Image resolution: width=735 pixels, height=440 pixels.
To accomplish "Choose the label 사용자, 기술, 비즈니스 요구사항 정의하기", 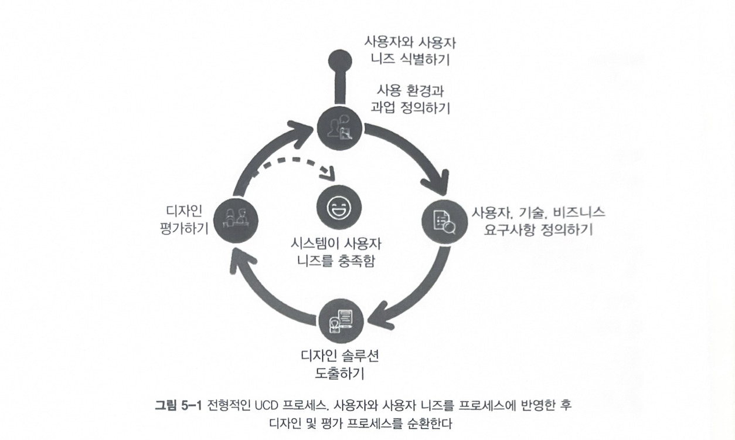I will click(x=538, y=221).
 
